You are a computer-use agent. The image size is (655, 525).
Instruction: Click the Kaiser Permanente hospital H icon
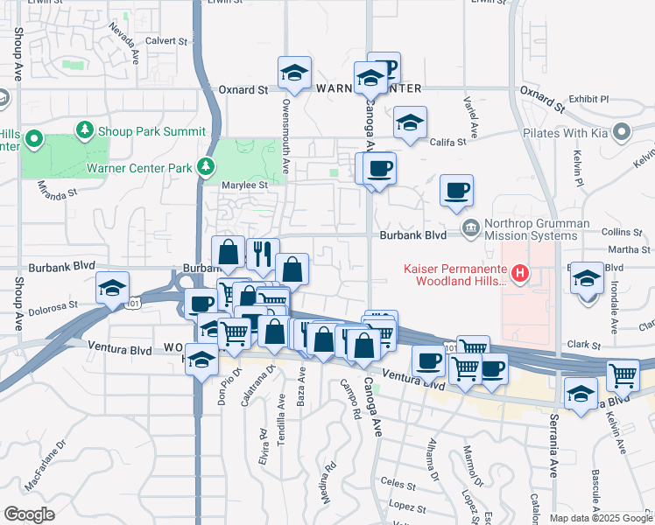(x=521, y=275)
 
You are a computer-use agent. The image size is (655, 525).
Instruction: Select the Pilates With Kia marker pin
(x=623, y=133)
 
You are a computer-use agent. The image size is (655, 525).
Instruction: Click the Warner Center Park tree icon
(x=206, y=166)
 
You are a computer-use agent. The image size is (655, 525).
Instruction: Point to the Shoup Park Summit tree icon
(x=85, y=130)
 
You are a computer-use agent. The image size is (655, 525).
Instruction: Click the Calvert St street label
(x=166, y=40)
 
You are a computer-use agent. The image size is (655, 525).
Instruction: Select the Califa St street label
(x=447, y=142)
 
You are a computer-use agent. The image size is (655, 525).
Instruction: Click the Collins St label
(x=623, y=232)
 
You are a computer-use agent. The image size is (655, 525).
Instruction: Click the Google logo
(x=30, y=514)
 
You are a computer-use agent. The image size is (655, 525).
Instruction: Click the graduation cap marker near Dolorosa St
(x=113, y=290)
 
